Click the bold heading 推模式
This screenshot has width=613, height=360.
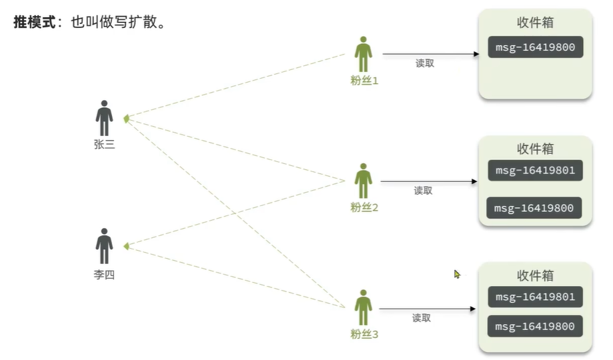click(x=35, y=22)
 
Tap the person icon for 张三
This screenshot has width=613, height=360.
click(x=104, y=118)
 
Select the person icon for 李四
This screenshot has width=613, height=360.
click(x=104, y=246)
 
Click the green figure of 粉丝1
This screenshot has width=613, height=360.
click(x=363, y=54)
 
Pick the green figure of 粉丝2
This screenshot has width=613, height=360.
click(x=363, y=181)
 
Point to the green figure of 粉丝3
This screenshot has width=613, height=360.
click(x=363, y=307)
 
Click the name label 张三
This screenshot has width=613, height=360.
click(x=104, y=145)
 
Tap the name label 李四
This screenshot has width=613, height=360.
click(x=104, y=275)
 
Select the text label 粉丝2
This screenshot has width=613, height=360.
click(x=364, y=207)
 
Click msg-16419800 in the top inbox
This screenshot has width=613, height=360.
click(x=535, y=47)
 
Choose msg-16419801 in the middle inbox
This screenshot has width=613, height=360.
click(x=535, y=171)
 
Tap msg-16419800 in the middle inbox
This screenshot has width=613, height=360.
click(x=534, y=208)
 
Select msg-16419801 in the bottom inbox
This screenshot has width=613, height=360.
click(x=535, y=297)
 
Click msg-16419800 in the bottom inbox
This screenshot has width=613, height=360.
click(x=535, y=327)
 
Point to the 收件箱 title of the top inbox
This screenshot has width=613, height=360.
click(x=535, y=23)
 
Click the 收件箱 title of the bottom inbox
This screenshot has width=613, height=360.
click(x=535, y=276)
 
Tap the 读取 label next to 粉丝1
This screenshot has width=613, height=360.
click(x=425, y=63)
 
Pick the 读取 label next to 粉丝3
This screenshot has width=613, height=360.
click(x=422, y=318)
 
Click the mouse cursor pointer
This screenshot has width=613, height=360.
click(x=457, y=274)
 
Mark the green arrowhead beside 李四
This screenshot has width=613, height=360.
click(x=126, y=246)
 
